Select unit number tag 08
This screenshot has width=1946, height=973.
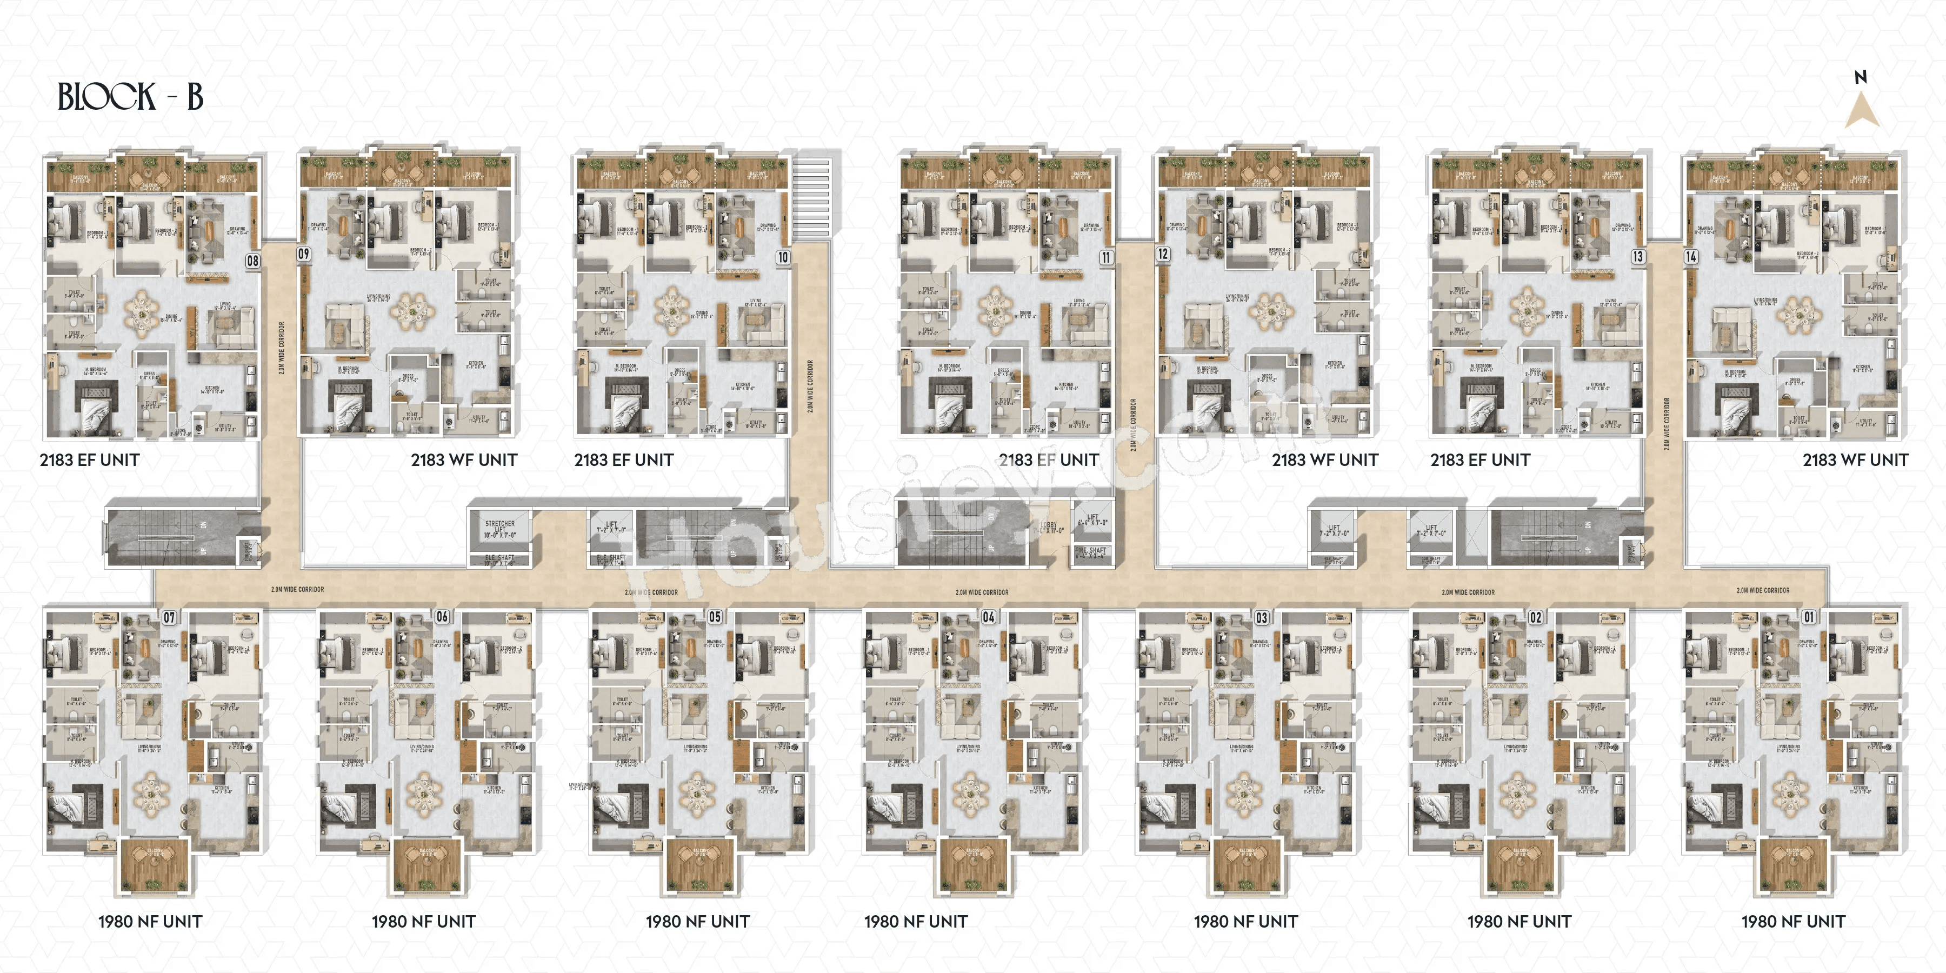point(252,261)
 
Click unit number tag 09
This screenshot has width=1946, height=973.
point(304,254)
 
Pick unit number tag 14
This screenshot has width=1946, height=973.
point(1691,257)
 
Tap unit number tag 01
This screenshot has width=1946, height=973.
point(1809,617)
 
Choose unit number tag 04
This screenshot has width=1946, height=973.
point(988,617)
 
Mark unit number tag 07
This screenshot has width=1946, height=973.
point(169,617)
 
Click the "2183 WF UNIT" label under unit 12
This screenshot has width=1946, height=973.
point(1324,460)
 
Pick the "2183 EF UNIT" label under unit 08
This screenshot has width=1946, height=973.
point(89,460)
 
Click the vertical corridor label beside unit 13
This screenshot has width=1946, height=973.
point(1667,423)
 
